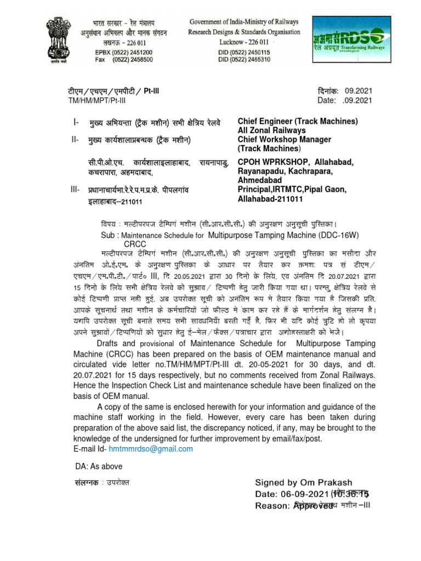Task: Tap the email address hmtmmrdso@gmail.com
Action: (151, 449)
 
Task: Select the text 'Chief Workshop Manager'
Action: (284, 140)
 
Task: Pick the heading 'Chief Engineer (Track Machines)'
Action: (297, 121)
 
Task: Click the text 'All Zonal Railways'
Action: (272, 130)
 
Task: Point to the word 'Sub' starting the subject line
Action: (107, 234)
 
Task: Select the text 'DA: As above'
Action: (99, 467)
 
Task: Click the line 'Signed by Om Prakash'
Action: (303, 483)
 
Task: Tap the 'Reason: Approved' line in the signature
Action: (294, 506)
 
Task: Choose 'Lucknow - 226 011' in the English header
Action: (244, 42)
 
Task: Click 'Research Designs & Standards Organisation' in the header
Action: (244, 32)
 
